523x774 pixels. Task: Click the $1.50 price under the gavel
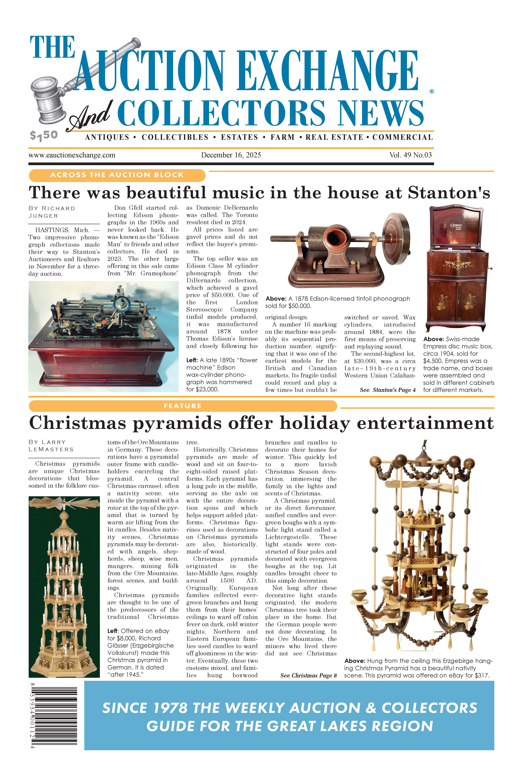tap(44, 135)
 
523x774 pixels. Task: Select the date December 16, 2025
tap(231, 155)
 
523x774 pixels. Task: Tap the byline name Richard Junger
tap(52, 212)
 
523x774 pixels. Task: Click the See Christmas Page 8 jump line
tap(308, 675)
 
